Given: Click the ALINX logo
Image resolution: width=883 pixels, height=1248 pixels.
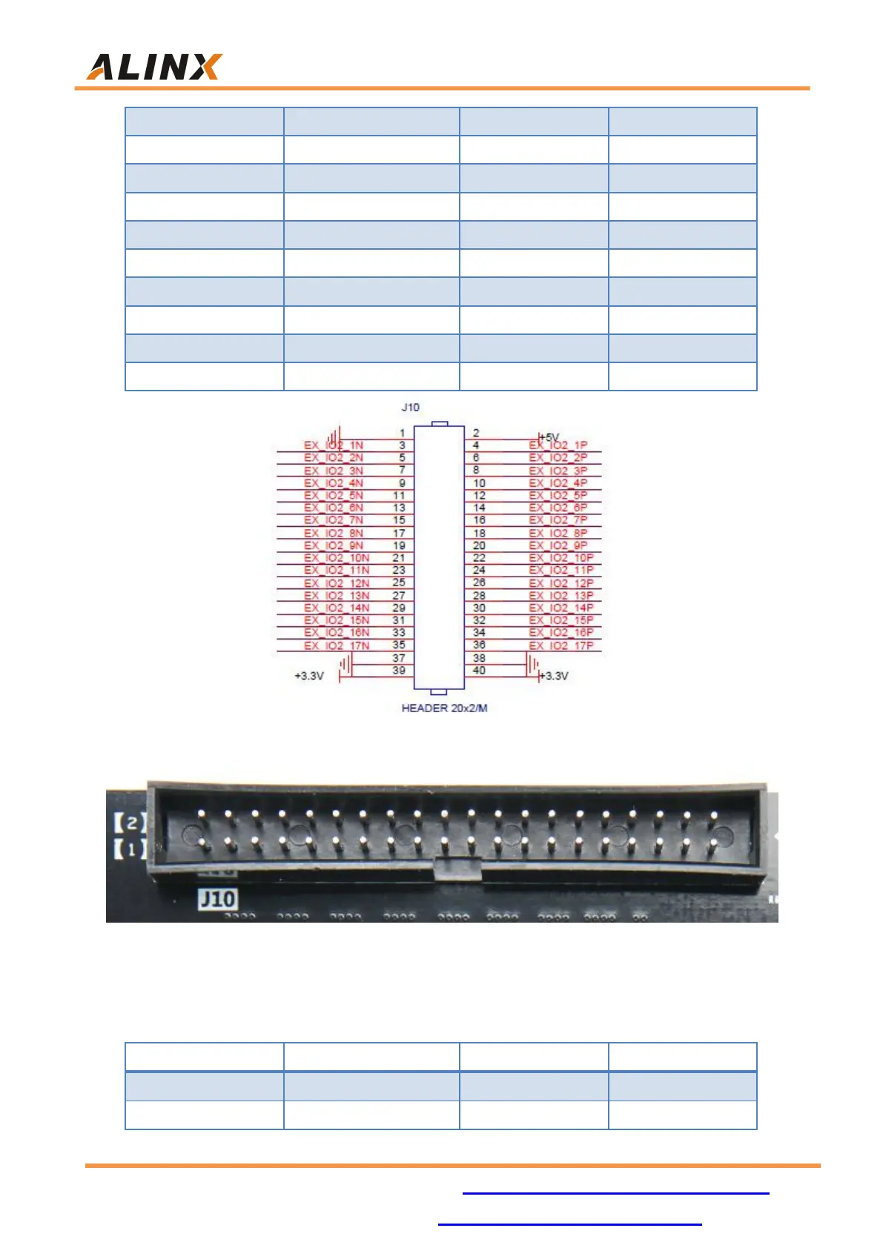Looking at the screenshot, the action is click(x=153, y=67).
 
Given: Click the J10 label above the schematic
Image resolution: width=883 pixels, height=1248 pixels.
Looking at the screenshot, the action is click(x=410, y=407).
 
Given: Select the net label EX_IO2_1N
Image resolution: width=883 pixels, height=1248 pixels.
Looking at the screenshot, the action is click(x=334, y=445).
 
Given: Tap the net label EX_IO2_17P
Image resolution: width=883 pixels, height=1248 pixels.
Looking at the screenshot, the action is click(x=561, y=645).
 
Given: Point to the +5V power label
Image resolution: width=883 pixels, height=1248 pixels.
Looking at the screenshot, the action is click(x=549, y=437).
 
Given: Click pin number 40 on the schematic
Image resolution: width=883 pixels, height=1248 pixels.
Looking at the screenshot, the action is click(x=479, y=671).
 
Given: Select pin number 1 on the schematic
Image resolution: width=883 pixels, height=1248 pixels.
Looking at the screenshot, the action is click(x=403, y=433).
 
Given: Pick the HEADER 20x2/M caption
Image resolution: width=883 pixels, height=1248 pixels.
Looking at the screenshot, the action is click(x=444, y=708).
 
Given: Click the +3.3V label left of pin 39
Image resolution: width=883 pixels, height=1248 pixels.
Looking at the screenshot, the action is click(x=309, y=676).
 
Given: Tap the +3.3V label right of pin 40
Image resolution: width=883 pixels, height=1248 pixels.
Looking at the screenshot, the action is click(x=555, y=676).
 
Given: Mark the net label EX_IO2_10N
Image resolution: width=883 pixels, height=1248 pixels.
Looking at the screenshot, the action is click(x=337, y=558).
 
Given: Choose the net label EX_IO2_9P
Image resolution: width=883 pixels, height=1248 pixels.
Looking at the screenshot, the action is click(x=558, y=545).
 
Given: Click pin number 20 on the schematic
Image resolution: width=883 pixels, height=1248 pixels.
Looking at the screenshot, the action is click(x=479, y=545).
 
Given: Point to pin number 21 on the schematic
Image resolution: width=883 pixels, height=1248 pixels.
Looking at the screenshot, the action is click(x=399, y=558).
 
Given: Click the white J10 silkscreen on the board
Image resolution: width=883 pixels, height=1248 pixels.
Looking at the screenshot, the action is click(x=217, y=899).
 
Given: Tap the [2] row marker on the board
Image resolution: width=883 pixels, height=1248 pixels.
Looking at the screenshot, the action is click(x=129, y=822).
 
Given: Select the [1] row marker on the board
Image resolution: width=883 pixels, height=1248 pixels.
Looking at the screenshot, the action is click(x=129, y=848).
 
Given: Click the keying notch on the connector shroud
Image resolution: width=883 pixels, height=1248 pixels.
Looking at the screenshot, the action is click(x=457, y=867).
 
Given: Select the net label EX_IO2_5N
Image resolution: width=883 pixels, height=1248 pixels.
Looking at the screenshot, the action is click(x=334, y=495).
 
